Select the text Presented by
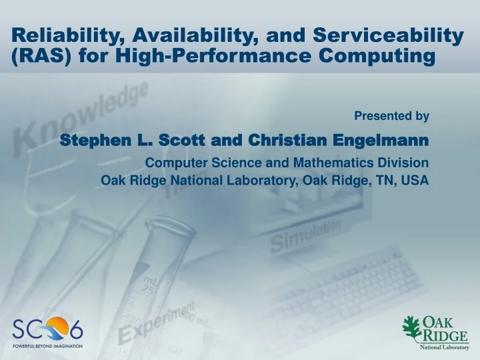pos(391,116)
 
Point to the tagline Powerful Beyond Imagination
pos(47,346)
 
